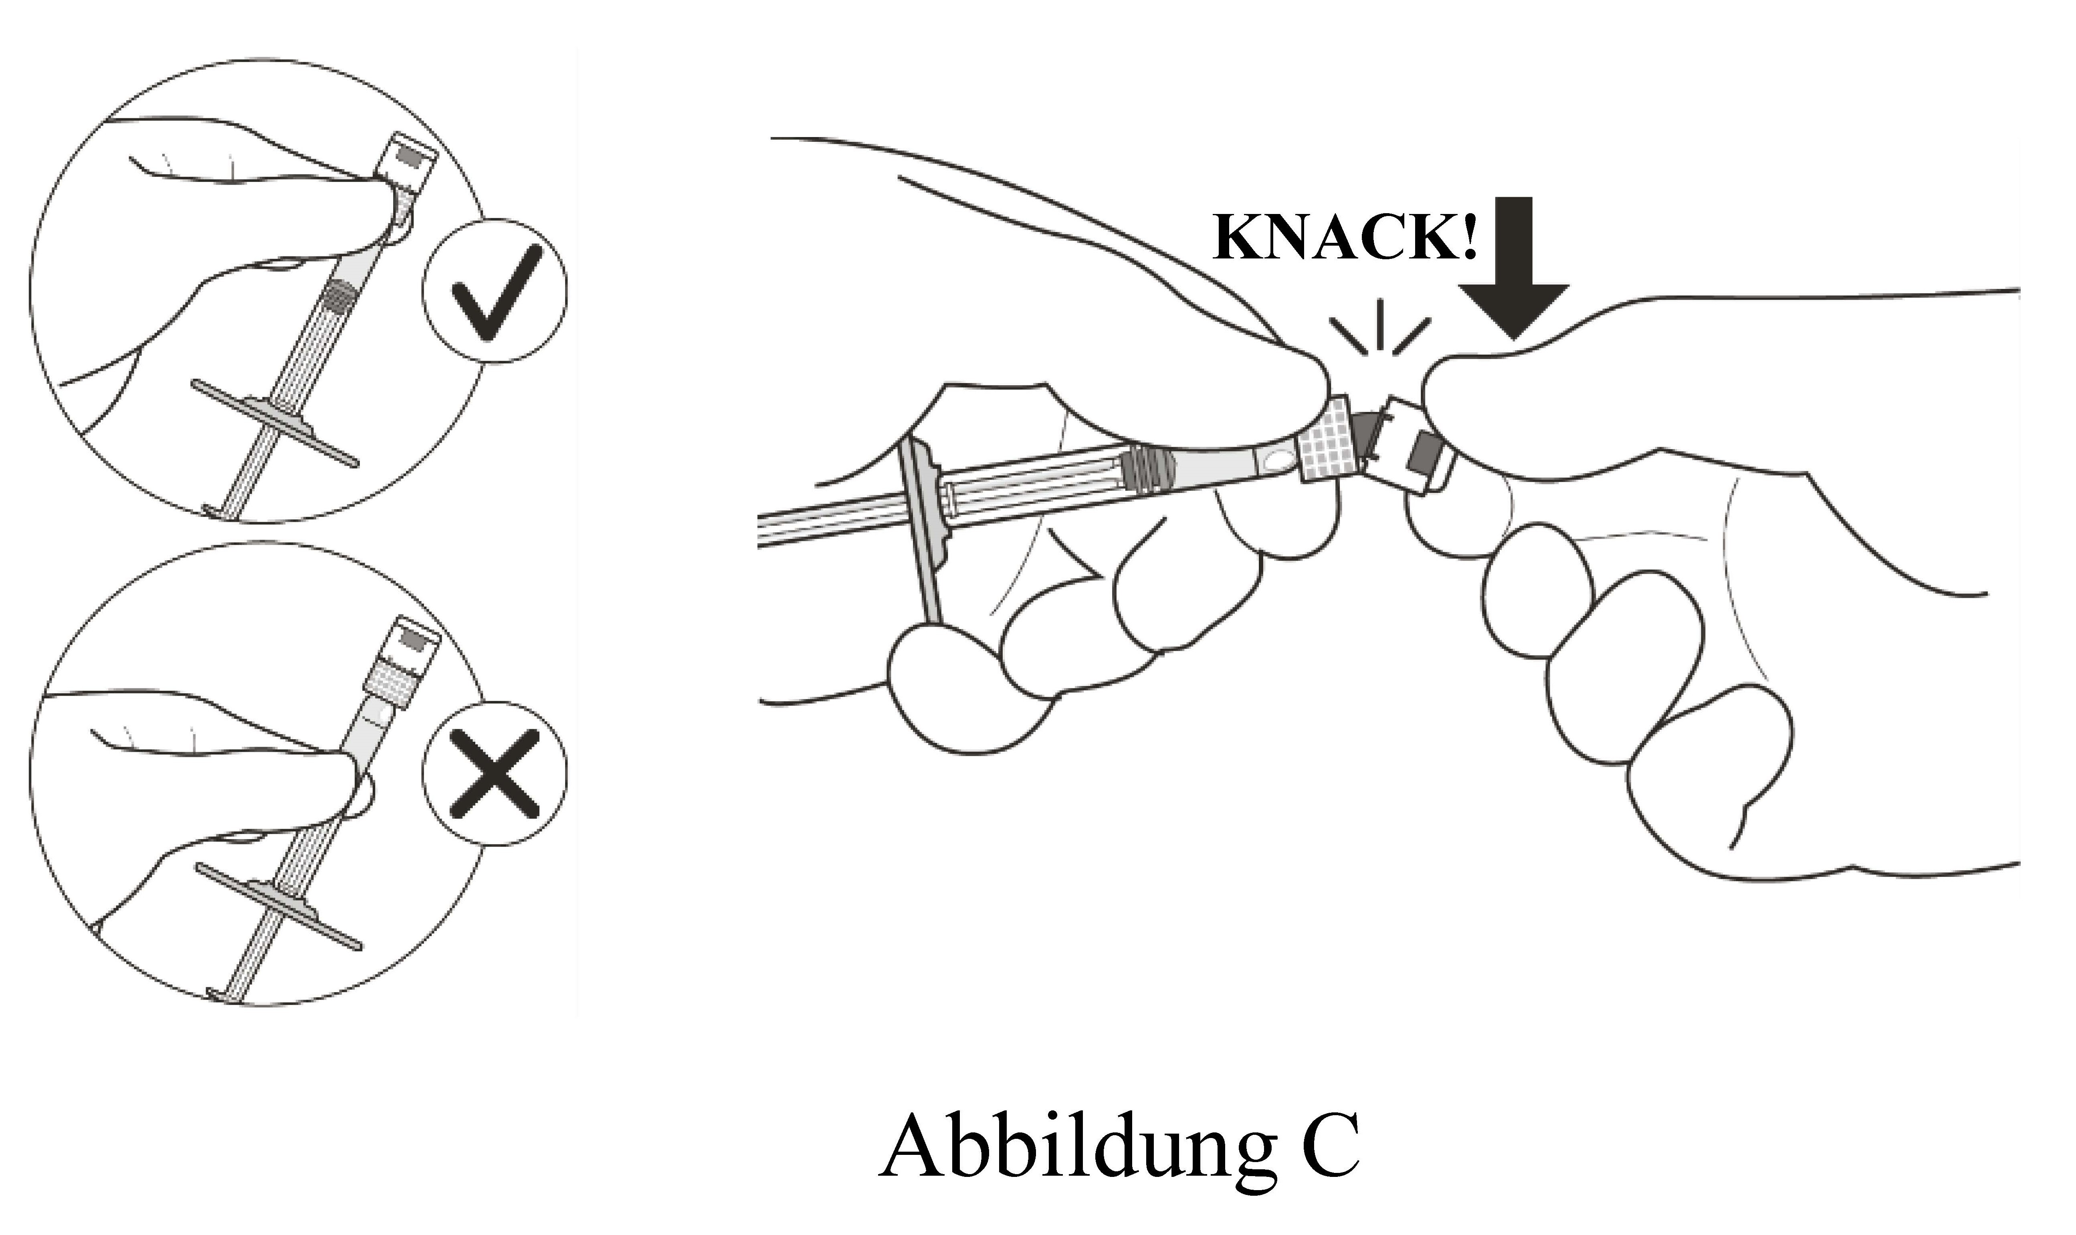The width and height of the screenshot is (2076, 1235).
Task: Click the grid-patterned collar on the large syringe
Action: point(1330,438)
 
